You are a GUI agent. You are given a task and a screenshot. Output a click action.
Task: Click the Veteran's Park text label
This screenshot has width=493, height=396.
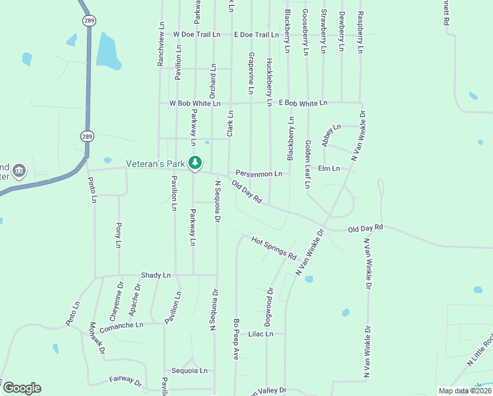click(x=156, y=162)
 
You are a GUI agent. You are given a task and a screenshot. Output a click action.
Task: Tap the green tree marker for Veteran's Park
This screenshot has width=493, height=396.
click(x=195, y=162)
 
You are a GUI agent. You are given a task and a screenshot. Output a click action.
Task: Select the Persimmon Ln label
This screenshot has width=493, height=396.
click(x=259, y=174)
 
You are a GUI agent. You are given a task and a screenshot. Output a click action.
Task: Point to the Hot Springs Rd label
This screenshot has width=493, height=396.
click(x=274, y=247)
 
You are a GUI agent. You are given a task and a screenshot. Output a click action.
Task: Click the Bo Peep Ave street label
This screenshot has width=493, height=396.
click(x=235, y=339)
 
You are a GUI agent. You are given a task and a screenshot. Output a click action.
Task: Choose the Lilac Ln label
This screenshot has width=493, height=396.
click(x=260, y=334)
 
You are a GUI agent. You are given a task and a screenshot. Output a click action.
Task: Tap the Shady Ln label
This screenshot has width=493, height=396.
click(x=156, y=275)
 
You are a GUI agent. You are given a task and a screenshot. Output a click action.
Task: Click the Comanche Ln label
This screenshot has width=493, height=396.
click(x=121, y=325)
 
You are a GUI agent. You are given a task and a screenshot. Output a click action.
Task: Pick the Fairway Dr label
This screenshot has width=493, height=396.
click(x=125, y=381)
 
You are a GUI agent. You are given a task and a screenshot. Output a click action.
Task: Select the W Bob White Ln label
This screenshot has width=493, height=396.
click(x=194, y=104)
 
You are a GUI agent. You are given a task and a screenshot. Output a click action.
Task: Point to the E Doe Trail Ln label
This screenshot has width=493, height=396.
click(x=256, y=34)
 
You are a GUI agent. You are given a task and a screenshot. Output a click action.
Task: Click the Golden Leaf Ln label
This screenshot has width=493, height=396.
click(x=308, y=164)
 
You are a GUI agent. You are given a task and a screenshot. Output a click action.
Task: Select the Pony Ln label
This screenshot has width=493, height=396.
click(x=119, y=235)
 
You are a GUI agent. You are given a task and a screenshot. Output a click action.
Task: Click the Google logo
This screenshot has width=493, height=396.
click(x=22, y=388)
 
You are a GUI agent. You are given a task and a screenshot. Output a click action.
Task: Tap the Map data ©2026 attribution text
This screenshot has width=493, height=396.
click(x=465, y=391)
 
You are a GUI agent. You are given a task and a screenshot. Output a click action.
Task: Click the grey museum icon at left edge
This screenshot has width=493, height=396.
click(x=19, y=172)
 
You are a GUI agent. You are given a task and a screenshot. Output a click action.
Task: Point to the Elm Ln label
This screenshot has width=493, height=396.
click(x=328, y=168)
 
